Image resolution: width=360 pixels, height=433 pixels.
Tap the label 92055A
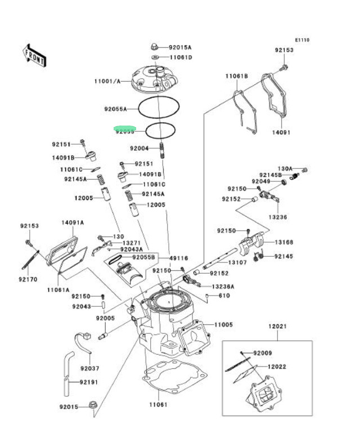coord(115,109)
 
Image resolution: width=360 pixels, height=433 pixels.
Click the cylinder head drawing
coord(154,79)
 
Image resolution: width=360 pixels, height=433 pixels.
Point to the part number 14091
coord(281,133)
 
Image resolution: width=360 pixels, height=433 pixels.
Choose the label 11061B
coord(237,75)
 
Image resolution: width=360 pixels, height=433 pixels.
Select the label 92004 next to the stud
coord(139,149)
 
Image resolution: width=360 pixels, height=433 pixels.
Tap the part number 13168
coord(284,242)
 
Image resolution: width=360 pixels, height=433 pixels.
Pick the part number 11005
coord(223,325)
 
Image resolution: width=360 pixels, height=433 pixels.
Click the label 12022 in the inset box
coord(278,367)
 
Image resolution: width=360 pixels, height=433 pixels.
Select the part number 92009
coord(262,353)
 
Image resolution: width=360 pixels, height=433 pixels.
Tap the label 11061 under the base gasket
coord(158,404)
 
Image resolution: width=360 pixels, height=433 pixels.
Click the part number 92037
coord(89,369)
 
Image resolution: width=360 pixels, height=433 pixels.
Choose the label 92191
coord(89,382)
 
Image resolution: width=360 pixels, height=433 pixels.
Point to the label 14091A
coord(73,222)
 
